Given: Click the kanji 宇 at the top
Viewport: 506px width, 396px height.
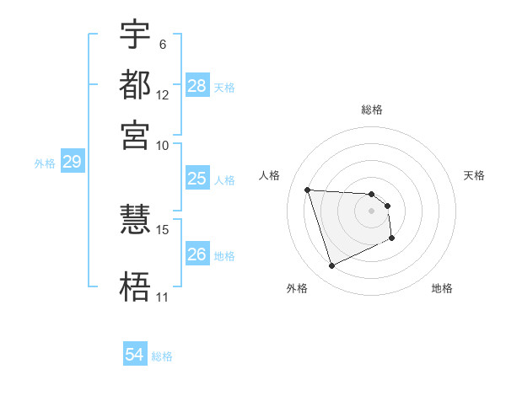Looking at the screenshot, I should (135, 35).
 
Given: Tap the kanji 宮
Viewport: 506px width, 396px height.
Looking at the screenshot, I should (135, 134).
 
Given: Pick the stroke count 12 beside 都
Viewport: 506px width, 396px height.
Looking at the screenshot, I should (163, 94).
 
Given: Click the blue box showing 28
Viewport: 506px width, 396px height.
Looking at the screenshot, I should (196, 85).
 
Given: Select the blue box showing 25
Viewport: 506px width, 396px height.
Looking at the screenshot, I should (196, 178).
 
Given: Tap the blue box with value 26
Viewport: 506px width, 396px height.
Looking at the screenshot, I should (196, 254).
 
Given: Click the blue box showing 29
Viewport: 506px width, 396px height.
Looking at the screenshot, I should (72, 162).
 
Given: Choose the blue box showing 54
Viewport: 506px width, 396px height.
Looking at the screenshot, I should (135, 355).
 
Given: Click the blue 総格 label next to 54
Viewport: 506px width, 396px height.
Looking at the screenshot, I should (162, 356).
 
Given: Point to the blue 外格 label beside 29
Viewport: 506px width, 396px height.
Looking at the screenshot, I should (44, 163).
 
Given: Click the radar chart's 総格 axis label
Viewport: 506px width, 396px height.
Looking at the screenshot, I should (371, 110).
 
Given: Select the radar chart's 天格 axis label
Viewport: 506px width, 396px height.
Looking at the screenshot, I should (474, 175).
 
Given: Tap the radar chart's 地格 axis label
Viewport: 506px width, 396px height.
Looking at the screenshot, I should (442, 288).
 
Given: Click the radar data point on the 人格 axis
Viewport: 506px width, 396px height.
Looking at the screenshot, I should (308, 190).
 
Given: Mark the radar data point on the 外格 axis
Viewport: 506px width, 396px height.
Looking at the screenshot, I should (331, 266).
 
